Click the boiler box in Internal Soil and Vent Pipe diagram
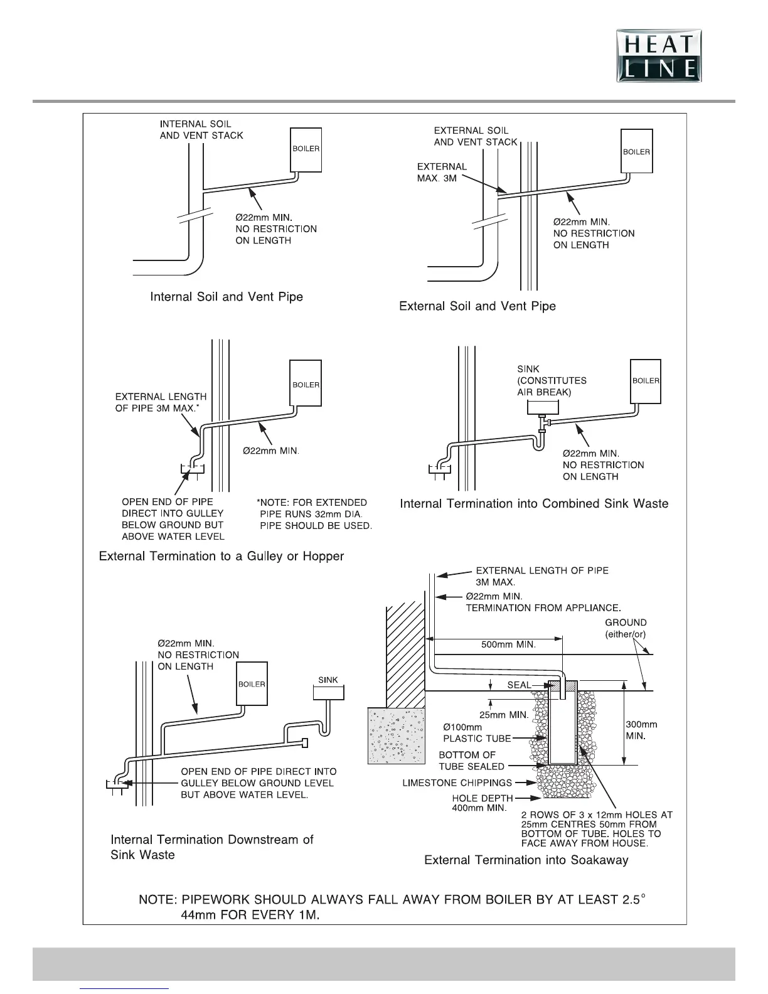[x=306, y=149]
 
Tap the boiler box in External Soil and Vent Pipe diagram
[x=636, y=151]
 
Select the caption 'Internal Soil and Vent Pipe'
[x=227, y=296]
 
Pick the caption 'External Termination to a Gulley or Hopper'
[x=221, y=556]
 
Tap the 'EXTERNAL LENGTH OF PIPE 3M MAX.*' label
[x=161, y=402]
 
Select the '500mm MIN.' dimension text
[x=508, y=644]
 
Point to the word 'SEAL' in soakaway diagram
[x=519, y=685]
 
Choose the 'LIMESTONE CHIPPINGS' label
[x=457, y=783]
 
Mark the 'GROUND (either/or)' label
[x=626, y=628]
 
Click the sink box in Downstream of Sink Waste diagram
[x=328, y=691]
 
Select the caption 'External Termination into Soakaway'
[x=526, y=860]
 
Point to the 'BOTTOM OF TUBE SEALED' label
[x=471, y=761]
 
